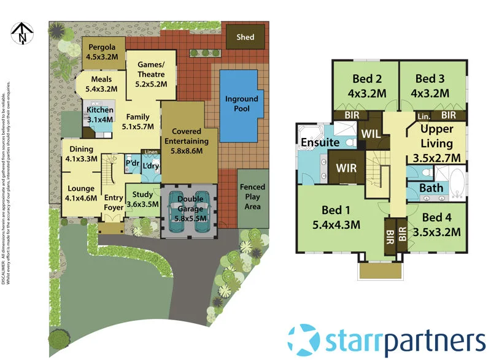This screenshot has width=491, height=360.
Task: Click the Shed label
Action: coord(245,37)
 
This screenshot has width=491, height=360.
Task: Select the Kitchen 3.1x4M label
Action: coord(99,115)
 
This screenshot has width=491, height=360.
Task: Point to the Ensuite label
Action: coord(320,142)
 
